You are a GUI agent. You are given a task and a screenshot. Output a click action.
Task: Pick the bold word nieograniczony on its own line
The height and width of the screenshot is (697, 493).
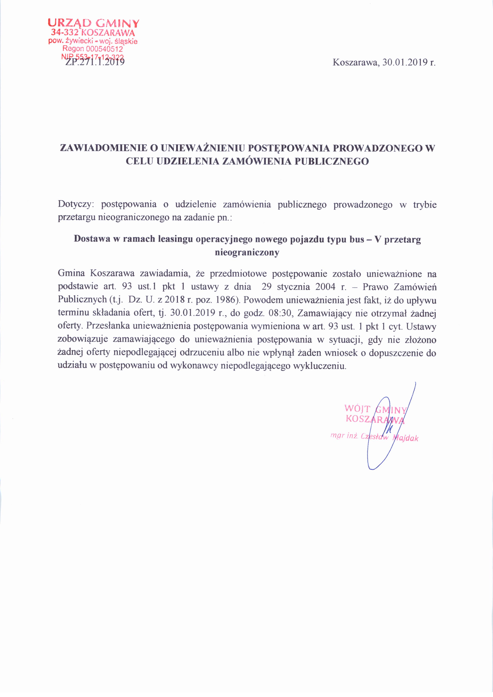click(247, 252)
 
